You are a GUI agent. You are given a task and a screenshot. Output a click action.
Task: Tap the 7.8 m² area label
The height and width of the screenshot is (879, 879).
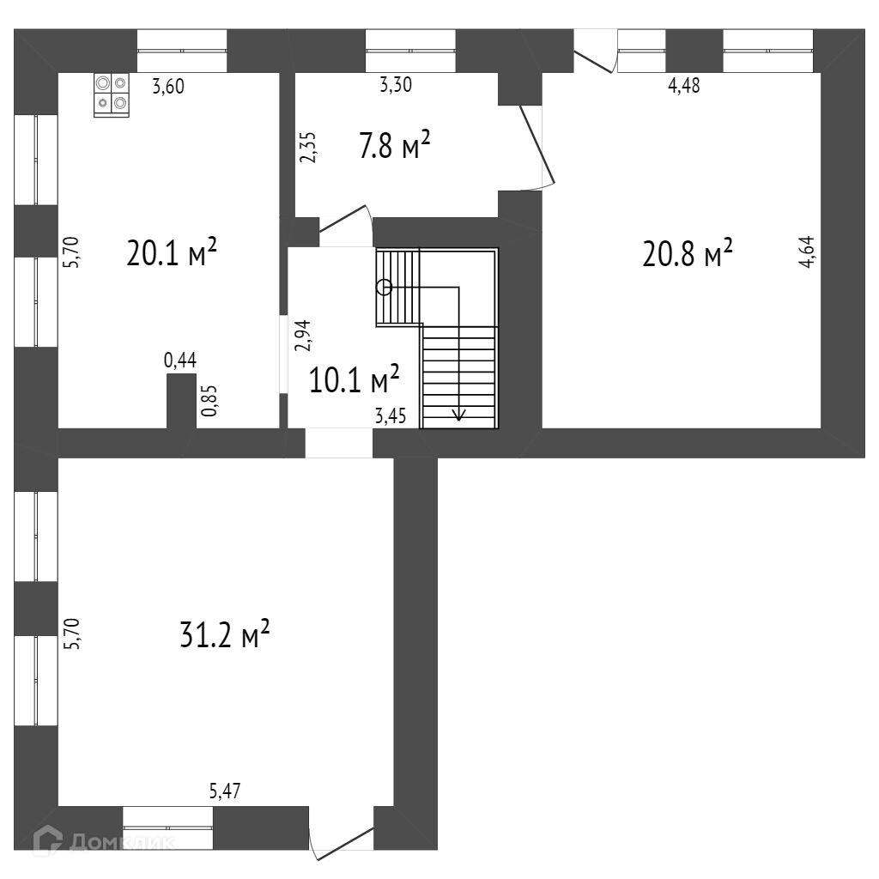[394, 147]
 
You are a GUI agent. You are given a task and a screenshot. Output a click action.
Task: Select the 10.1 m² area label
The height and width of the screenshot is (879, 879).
[354, 379]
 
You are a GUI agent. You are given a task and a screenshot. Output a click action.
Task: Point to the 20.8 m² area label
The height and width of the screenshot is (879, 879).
[688, 253]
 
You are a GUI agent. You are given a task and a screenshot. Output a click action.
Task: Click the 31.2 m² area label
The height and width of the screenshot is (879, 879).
[225, 636]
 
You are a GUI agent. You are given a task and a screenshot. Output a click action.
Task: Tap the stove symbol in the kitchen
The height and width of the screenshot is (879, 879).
[112, 94]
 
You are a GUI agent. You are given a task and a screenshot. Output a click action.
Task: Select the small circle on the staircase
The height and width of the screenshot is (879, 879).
[384, 288]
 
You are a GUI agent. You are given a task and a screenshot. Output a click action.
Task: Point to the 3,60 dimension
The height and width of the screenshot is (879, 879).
[168, 85]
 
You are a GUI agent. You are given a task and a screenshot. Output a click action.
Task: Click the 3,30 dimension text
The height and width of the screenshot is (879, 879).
[397, 85]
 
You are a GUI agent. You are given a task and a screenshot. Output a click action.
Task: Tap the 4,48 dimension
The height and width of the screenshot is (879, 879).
[684, 85]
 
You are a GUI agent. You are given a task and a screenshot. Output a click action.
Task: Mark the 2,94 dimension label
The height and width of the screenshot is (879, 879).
[302, 336]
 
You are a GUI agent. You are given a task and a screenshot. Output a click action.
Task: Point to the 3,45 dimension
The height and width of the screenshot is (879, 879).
[391, 418]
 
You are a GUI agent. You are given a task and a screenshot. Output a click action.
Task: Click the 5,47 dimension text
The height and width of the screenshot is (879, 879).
[226, 791]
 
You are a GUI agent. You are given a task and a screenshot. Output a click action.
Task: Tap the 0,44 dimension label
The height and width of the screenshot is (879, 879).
[180, 361]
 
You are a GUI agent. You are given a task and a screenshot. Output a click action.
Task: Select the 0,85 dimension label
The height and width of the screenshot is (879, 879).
[209, 401]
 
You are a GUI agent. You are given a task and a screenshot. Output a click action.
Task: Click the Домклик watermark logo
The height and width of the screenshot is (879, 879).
[103, 842]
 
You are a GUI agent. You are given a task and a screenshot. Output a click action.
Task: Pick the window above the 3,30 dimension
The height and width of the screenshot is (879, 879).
[410, 52]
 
